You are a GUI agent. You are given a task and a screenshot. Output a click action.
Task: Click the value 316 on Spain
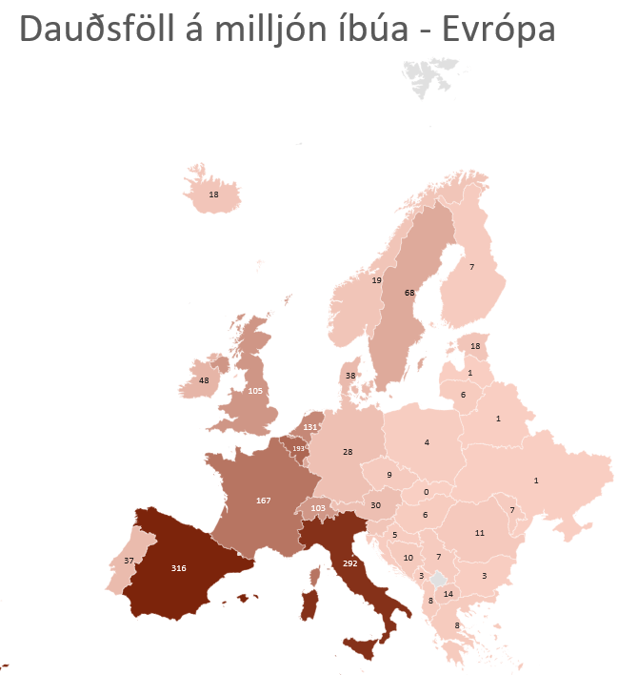point(178,568)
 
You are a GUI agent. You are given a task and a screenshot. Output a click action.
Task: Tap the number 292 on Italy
point(349,563)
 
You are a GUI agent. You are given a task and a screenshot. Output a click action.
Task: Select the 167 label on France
point(264,500)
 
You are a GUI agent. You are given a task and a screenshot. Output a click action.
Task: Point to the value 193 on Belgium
point(298,448)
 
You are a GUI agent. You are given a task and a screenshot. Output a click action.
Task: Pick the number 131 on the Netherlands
point(309,426)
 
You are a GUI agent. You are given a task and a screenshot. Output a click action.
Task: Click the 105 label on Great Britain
point(254,391)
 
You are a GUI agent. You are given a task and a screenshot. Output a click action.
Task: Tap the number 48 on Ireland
point(203,380)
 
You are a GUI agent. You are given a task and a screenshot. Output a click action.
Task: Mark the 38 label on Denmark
point(350,376)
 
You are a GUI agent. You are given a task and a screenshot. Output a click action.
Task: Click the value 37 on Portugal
point(129,561)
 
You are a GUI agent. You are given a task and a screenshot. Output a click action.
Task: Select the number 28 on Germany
point(348,452)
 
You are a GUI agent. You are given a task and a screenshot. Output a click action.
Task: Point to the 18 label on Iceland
point(212,194)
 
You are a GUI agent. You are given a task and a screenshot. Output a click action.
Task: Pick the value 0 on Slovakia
point(426,492)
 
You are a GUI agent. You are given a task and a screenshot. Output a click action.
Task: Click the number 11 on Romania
point(480,533)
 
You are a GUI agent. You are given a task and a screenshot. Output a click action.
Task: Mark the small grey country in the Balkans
point(438,579)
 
